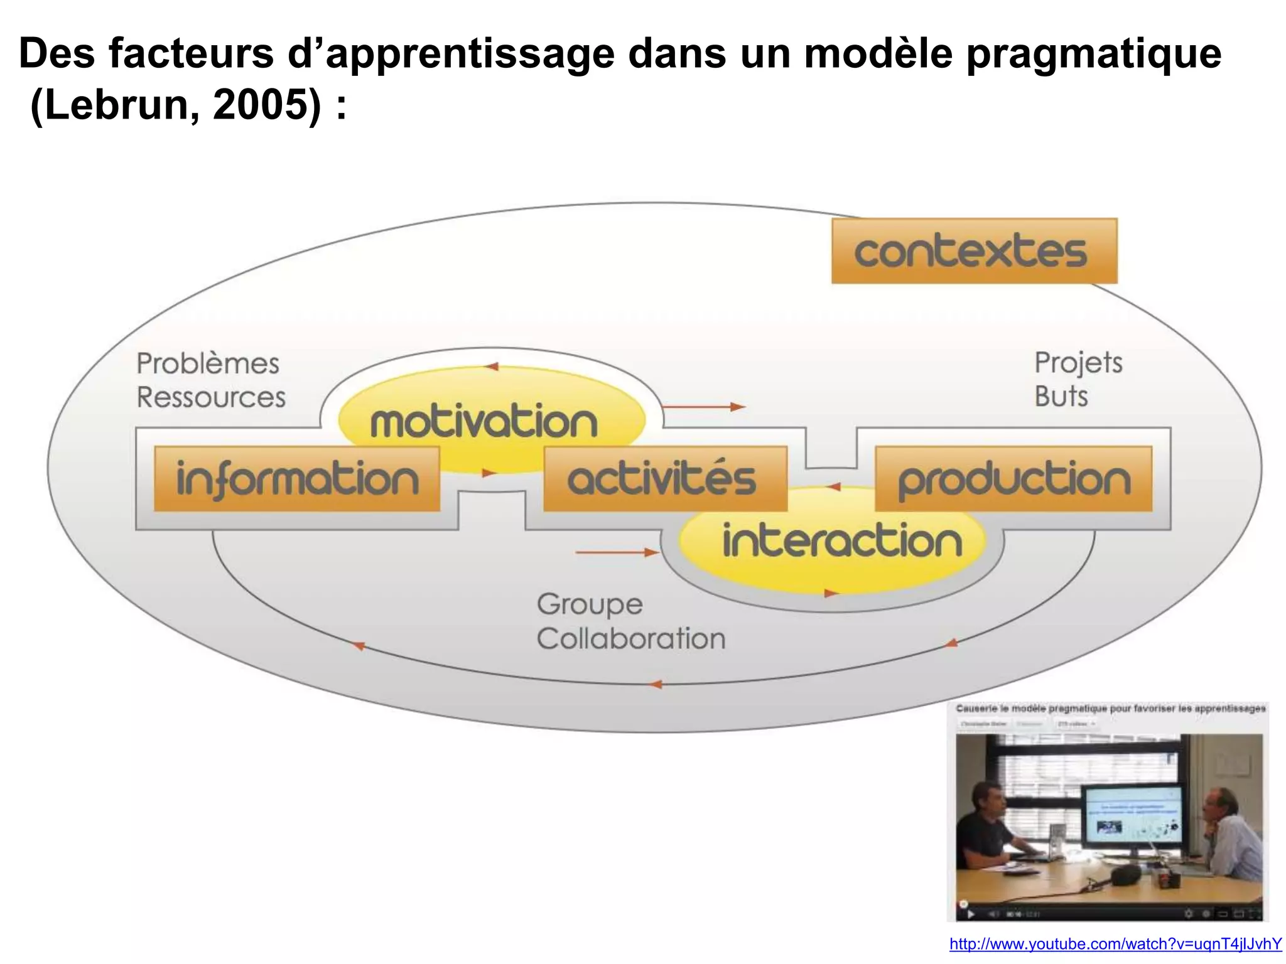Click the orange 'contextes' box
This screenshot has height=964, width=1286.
point(974,251)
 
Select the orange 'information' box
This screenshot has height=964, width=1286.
point(296,479)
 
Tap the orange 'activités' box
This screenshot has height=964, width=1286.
point(664,479)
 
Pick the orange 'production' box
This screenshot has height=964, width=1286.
point(1013,479)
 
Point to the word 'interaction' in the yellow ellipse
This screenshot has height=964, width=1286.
point(841,541)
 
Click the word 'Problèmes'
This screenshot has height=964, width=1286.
point(208,363)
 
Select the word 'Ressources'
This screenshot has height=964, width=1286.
point(211,397)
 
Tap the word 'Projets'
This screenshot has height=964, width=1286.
point(1078,363)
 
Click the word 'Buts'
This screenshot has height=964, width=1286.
point(1061,397)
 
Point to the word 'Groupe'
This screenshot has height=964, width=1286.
point(590,604)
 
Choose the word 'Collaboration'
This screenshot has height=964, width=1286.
point(630,639)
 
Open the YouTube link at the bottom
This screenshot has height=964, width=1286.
point(1115,944)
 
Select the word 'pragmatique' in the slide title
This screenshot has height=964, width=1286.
point(1093,54)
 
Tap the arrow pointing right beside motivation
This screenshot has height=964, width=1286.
point(703,407)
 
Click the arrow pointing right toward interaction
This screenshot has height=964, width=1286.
point(616,552)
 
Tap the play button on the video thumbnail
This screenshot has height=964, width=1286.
point(970,914)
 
